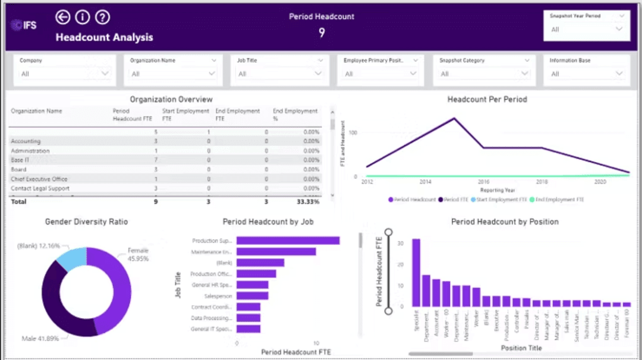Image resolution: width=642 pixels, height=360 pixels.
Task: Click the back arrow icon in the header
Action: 62,17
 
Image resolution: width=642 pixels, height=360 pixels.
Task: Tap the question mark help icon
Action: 102,17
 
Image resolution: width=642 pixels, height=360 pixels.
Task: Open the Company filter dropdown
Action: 105,74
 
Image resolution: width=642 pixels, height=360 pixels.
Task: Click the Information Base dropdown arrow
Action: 619,74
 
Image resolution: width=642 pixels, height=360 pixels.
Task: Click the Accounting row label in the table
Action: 26,141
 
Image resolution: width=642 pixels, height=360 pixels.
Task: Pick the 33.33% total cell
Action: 308,202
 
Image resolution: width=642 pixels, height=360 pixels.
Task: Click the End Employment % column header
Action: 295,114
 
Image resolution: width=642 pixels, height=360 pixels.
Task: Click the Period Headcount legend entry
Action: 412,200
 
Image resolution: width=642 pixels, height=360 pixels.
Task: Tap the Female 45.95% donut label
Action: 138,255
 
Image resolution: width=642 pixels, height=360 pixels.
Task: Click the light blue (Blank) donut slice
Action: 72,260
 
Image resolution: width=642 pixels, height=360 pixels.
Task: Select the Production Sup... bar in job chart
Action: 288,241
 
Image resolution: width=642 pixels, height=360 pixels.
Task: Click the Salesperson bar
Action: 252,295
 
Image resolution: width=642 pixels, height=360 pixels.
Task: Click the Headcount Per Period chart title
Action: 487,100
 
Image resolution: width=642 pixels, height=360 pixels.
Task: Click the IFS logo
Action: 23,25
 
